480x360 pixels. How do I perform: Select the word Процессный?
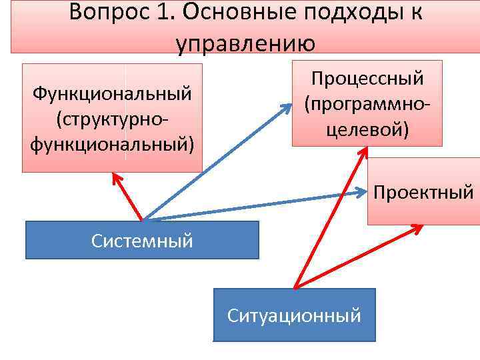tap(367, 78)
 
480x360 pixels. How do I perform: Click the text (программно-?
tap(367, 103)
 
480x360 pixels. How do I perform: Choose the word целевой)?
tap(367, 128)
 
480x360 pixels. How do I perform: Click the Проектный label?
tap(423, 193)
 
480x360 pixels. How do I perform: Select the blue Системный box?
tap(142, 240)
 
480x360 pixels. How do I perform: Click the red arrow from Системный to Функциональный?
tap(128, 197)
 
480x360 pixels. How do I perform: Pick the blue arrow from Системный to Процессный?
tap(213, 163)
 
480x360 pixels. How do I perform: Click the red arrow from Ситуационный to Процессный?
tap(330, 217)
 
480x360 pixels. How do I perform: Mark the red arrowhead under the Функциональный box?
tap(118, 178)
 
